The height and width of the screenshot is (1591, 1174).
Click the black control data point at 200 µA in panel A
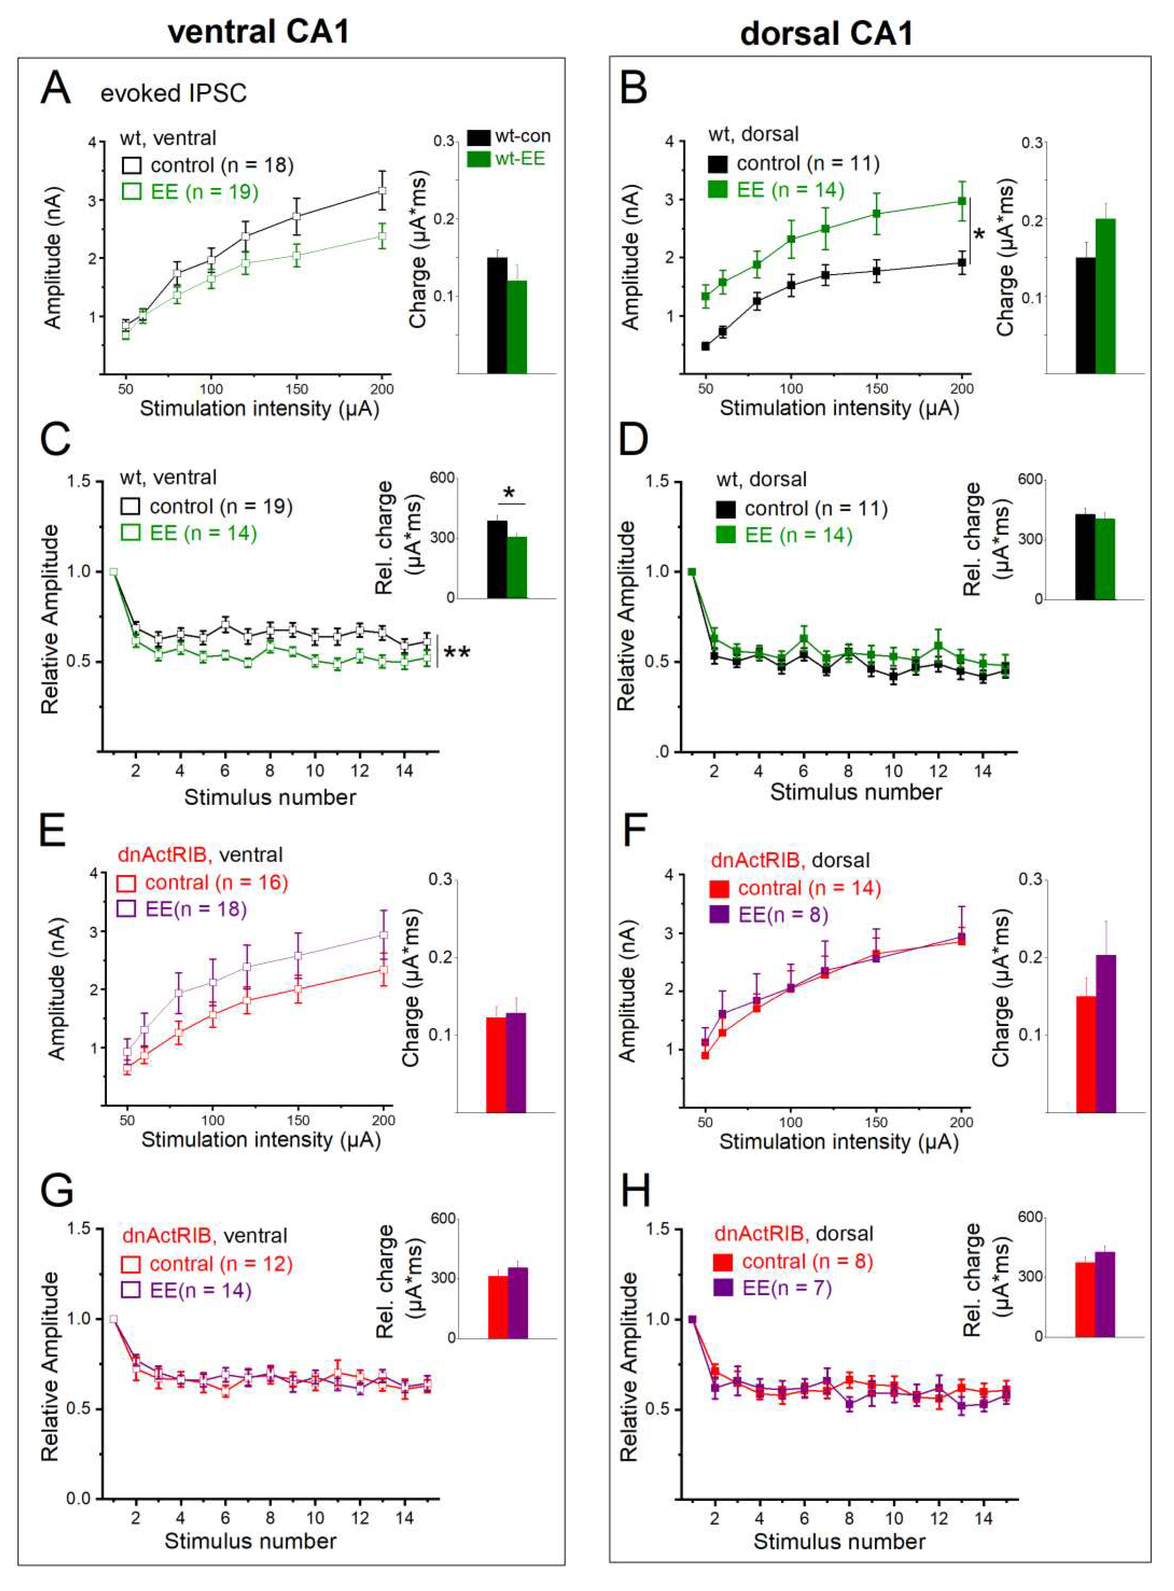[382, 190]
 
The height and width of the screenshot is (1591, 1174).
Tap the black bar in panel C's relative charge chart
[497, 559]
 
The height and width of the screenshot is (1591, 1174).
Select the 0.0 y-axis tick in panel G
[79, 1498]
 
